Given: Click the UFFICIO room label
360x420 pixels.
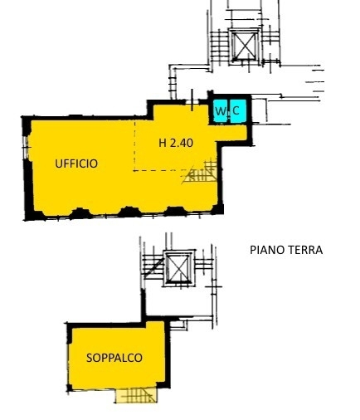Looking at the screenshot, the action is (76, 164).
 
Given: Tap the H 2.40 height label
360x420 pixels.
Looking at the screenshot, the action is (176, 143).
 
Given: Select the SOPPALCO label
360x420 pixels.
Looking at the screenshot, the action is (114, 358).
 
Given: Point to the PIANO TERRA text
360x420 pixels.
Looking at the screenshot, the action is (286, 250).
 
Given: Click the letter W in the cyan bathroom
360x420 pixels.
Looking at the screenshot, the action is (221, 111).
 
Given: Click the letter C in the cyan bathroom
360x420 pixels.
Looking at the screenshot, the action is (236, 111).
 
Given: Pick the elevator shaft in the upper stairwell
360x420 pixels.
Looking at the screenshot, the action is (244, 46).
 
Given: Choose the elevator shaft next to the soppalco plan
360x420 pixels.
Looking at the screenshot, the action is (178, 268).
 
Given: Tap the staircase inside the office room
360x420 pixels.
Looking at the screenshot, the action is (200, 171).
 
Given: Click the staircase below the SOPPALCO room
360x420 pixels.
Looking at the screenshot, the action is (136, 395).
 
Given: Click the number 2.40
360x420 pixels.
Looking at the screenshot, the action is (182, 143).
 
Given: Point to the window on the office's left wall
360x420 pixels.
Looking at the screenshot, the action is (27, 147).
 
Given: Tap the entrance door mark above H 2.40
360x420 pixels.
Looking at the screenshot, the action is (192, 100).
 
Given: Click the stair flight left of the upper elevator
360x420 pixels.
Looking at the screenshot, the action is (220, 46).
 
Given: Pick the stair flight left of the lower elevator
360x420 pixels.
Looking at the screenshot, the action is (153, 266).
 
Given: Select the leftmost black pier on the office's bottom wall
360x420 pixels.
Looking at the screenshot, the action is (80, 213).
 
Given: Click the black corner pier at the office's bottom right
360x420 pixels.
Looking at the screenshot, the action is (217, 209).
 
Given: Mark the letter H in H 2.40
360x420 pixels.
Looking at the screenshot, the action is (163, 143).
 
